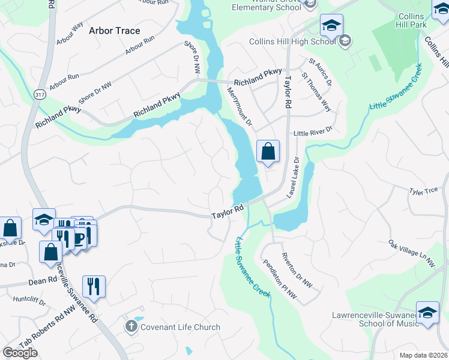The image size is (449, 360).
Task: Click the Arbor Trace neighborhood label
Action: pos(114,31)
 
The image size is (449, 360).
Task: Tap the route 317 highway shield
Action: pos(40,95)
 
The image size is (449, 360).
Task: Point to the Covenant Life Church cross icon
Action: pos(131,327)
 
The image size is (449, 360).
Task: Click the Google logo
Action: pos(20,353)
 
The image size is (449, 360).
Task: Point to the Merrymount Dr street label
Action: pos(240,106)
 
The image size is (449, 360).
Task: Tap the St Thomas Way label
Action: pos(316,92)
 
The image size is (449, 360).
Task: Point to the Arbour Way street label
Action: pos(70,34)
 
